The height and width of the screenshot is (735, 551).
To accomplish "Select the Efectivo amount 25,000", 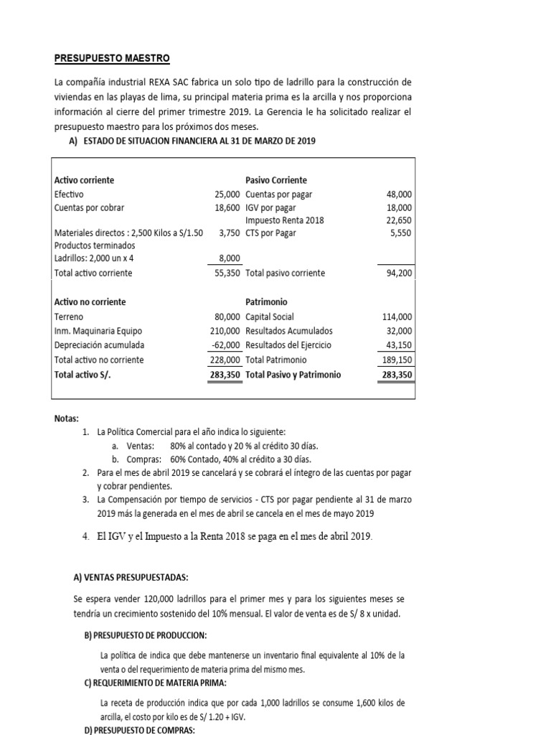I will pyautogui.click(x=227, y=195).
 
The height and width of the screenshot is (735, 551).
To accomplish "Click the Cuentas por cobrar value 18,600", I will pyautogui.click(x=227, y=207).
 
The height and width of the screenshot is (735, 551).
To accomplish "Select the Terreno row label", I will pyautogui.click(x=69, y=317).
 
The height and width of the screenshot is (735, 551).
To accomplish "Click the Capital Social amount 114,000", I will pyautogui.click(x=396, y=317).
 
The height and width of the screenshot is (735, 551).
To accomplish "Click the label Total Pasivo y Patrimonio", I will pyautogui.click(x=293, y=375).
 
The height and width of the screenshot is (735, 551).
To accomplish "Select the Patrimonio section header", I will pyautogui.click(x=266, y=302).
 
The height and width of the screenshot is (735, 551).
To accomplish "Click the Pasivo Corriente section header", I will pyautogui.click(x=276, y=180).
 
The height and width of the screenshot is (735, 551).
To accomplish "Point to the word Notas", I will pyautogui.click(x=67, y=418).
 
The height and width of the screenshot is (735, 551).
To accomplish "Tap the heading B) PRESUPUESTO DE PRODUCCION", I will pyautogui.click(x=146, y=636).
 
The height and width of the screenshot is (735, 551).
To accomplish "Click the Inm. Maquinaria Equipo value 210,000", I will pyautogui.click(x=225, y=331).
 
